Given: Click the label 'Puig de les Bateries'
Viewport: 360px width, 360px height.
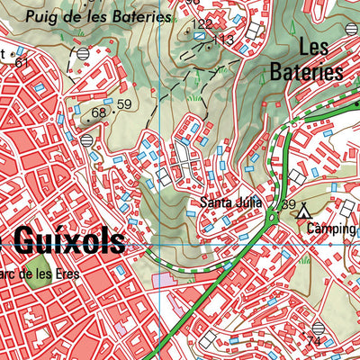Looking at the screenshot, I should (96, 16).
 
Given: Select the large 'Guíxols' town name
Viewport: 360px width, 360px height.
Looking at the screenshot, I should (69, 241).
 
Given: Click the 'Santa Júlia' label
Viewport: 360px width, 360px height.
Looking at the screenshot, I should (230, 202).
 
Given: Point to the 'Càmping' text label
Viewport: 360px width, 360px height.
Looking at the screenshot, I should (330, 229).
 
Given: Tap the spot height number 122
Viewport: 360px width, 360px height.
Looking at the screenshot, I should (203, 23).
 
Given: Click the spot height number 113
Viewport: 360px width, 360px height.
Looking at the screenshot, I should (223, 40).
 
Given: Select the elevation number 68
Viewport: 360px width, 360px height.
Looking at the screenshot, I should (98, 112).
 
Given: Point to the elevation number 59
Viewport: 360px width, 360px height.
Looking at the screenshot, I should (123, 104).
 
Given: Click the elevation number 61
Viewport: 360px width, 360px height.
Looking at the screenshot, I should (22, 59).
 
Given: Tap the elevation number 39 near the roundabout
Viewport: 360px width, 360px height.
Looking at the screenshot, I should (288, 205).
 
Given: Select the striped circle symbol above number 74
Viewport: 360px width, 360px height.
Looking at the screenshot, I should (317, 328).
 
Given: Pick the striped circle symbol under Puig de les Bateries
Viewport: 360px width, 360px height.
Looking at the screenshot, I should (83, 54).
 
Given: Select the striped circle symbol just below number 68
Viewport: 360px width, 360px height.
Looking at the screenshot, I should (87, 140).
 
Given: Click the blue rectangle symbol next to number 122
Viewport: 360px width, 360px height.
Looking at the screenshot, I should (199, 35).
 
